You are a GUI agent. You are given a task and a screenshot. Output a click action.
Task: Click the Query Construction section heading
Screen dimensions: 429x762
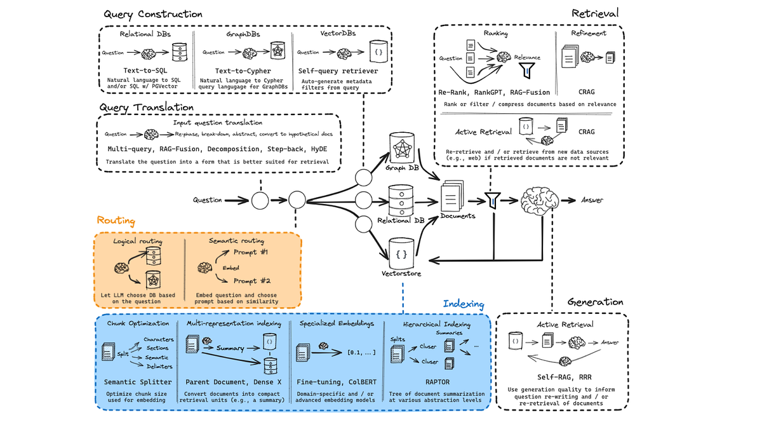[152, 13]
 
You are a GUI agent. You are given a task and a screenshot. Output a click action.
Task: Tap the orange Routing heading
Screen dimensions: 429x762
[116, 220]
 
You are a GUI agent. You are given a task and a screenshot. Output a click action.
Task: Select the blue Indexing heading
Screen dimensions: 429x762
[463, 304]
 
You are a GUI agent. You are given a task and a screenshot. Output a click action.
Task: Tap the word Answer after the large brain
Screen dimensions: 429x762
[592, 200]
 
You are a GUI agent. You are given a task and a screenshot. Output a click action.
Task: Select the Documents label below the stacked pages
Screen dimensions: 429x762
[458, 215]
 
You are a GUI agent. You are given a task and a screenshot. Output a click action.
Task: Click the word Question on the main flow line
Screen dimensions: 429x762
[208, 200]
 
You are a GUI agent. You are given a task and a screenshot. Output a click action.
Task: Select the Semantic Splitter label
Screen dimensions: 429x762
[138, 382]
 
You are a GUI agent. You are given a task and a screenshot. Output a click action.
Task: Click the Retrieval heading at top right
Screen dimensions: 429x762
[594, 13]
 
